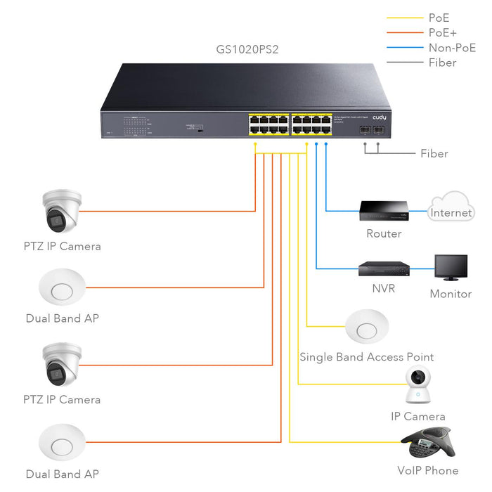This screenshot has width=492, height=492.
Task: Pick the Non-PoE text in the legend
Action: coord(451,48)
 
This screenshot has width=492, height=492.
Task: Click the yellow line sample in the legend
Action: coord(405,18)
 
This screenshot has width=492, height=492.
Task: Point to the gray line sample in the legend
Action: coord(405,63)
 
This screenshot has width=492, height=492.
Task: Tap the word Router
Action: coord(384,233)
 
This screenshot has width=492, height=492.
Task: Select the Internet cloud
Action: coord(451,207)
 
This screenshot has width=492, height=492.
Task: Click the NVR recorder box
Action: coord(384,268)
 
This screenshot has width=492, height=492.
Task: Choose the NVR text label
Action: coord(384,288)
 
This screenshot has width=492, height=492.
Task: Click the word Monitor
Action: coord(451,294)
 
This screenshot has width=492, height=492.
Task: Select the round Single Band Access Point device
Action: coord(367,328)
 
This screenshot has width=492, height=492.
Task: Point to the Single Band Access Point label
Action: coord(366,357)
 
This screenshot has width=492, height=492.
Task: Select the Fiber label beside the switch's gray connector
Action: coord(434,153)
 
